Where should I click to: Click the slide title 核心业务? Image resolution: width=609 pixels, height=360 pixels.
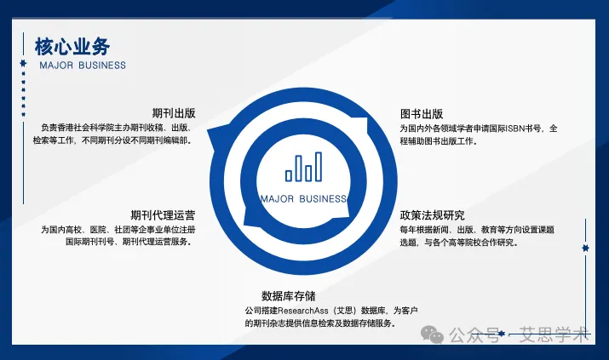pyautogui.click(x=72, y=45)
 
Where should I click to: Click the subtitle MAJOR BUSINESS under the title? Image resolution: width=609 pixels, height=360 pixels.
pyautogui.click(x=83, y=66)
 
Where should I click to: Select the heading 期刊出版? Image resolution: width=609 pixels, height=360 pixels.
pyautogui.click(x=174, y=113)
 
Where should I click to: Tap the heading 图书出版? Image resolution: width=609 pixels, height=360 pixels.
pyautogui.click(x=422, y=114)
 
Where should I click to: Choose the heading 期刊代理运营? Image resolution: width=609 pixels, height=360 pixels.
pyautogui.click(x=163, y=214)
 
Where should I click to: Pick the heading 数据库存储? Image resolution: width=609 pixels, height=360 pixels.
pyautogui.click(x=288, y=295)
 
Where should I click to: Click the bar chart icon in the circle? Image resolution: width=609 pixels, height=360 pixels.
pyautogui.click(x=304, y=168)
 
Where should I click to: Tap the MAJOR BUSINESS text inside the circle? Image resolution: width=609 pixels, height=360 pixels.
pyautogui.click(x=304, y=199)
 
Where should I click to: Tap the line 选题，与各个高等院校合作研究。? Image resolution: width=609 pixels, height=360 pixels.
pyautogui.click(x=459, y=243)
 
